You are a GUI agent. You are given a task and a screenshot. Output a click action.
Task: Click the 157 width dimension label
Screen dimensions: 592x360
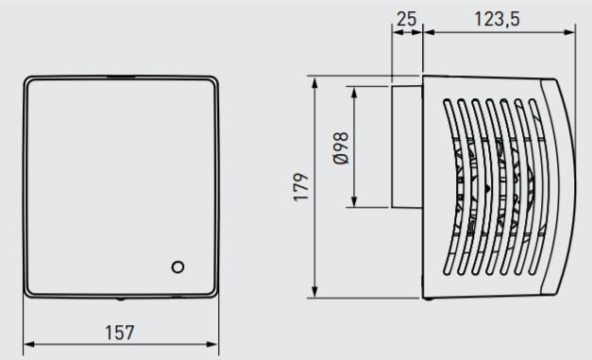[119, 333]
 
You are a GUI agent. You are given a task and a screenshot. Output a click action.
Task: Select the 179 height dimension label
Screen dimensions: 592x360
[301, 187]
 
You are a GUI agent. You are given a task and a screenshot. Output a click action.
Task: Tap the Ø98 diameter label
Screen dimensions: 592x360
[341, 148]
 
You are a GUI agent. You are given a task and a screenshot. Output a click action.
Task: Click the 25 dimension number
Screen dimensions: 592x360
[407, 19]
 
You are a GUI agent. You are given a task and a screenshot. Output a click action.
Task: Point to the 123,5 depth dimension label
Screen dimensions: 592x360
[497, 19]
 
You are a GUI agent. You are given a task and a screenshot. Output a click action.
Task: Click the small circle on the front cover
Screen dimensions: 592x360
[178, 267]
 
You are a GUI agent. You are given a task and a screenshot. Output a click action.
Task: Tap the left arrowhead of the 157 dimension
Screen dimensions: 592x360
[29, 344]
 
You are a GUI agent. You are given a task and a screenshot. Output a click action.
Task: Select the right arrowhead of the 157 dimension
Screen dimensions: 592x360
[212, 344]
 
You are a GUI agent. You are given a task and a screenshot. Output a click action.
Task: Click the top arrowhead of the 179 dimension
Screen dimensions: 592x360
[314, 82]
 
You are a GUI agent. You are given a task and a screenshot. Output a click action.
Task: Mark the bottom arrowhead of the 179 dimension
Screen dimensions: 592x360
[314, 292]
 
